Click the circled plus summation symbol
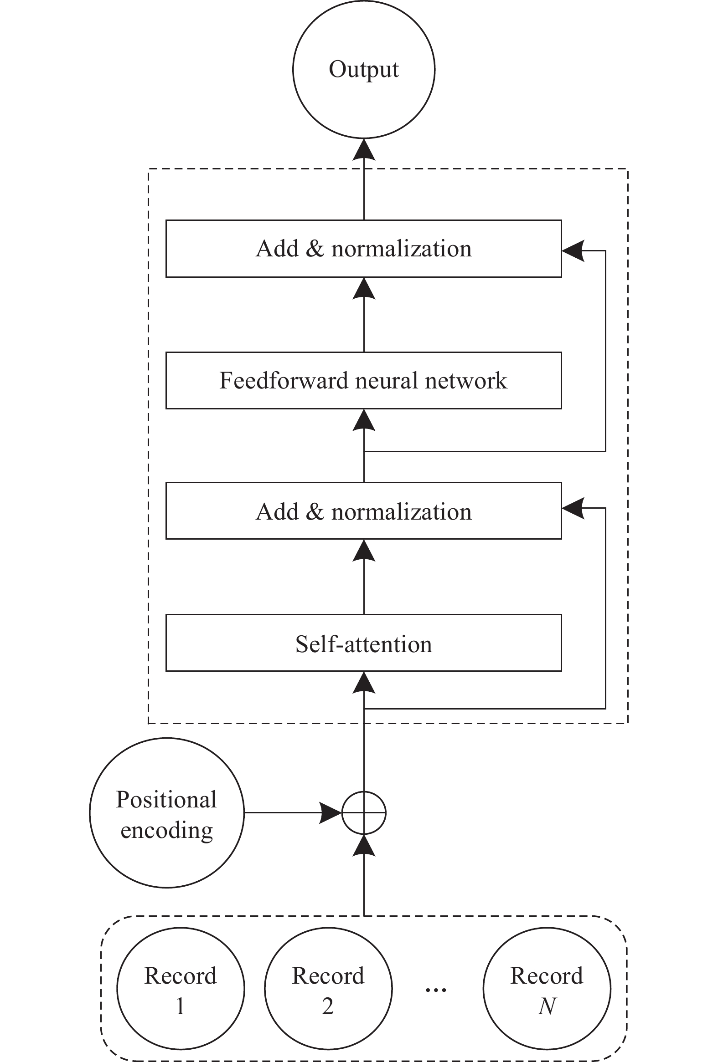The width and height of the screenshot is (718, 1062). tap(364, 813)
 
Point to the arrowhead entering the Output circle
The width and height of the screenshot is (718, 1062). tap(364, 149)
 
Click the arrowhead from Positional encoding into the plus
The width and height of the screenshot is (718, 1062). tap(331, 813)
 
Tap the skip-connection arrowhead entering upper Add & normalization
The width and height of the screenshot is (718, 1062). tap(573, 250)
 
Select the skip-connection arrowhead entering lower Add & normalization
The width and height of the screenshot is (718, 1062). tap(573, 508)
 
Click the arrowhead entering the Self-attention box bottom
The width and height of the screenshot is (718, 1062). tap(364, 682)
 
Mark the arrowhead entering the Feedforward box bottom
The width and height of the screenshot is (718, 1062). tap(364, 420)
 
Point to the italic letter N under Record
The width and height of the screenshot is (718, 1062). tap(547, 1006)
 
